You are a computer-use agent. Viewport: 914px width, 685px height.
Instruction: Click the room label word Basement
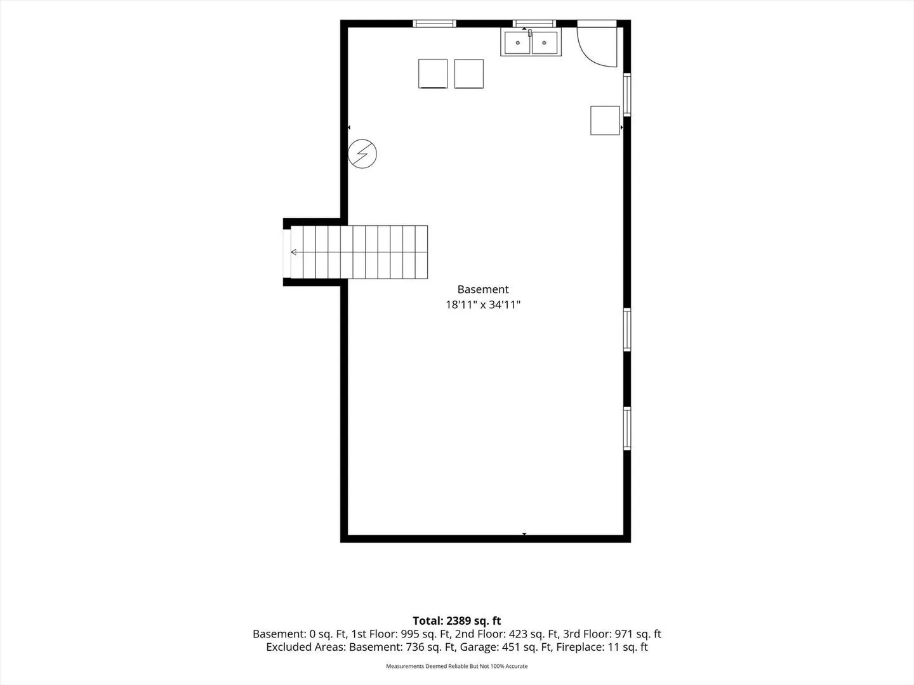tap(482, 289)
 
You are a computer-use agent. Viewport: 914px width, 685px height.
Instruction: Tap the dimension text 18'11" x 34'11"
tap(482, 305)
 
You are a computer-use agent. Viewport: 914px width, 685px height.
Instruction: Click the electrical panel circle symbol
tap(362, 154)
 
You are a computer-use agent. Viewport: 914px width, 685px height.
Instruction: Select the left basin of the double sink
tap(517, 42)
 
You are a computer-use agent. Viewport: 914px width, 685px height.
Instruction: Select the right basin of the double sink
tap(544, 42)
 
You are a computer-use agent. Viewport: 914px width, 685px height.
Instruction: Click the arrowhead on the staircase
tap(294, 252)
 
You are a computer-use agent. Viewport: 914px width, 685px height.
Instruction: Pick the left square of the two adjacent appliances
tap(433, 74)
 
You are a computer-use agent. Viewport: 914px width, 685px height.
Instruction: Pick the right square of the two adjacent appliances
tap(469, 74)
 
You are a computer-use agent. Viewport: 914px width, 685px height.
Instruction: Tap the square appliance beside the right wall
tap(605, 121)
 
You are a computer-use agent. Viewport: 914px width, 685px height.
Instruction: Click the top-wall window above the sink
tap(534, 23)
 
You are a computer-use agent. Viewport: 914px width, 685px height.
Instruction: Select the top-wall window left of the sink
tap(434, 23)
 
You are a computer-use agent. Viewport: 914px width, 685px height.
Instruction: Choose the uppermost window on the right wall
tap(627, 95)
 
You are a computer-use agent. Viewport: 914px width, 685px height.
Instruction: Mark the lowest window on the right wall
tap(627, 429)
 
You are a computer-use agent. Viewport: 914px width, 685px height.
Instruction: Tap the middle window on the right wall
tap(627, 330)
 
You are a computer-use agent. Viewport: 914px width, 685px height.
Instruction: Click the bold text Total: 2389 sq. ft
tap(457, 621)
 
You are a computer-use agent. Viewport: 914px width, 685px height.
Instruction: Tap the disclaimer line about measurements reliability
tap(457, 666)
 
